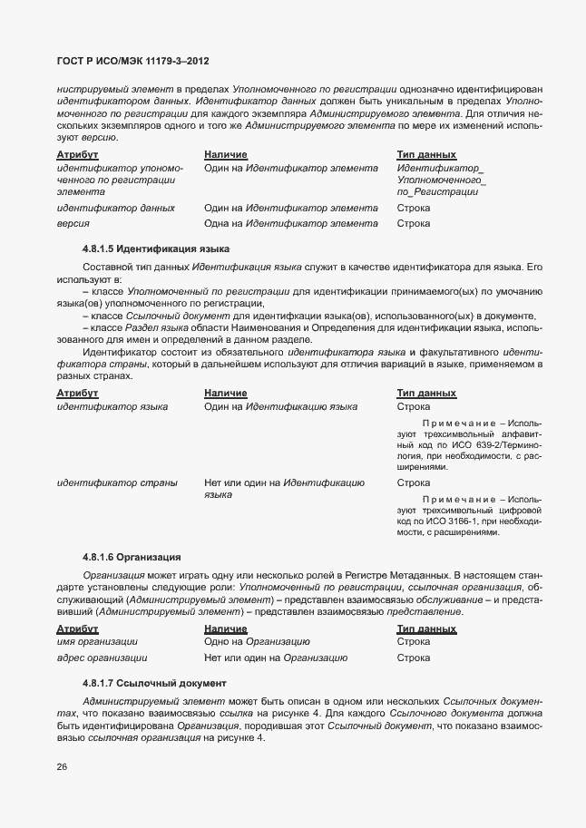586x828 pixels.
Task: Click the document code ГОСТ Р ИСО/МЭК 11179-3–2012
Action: (126, 62)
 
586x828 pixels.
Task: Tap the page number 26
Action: (62, 766)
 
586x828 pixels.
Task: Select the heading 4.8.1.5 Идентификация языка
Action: (155, 248)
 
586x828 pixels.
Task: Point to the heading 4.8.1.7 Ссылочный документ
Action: (154, 682)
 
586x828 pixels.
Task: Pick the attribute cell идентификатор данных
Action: (115, 208)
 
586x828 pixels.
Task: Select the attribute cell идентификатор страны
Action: (116, 482)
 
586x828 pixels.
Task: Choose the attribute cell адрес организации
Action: (102, 658)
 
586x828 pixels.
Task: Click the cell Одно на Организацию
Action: (257, 642)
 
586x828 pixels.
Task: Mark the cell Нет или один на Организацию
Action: (276, 658)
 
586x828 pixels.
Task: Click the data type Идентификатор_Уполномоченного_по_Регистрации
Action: (441, 180)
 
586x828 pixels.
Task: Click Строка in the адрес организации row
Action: (414, 658)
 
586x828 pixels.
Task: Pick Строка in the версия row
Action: (414, 223)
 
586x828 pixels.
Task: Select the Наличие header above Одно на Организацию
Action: (225, 628)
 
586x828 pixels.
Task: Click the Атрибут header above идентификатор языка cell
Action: (77, 394)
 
